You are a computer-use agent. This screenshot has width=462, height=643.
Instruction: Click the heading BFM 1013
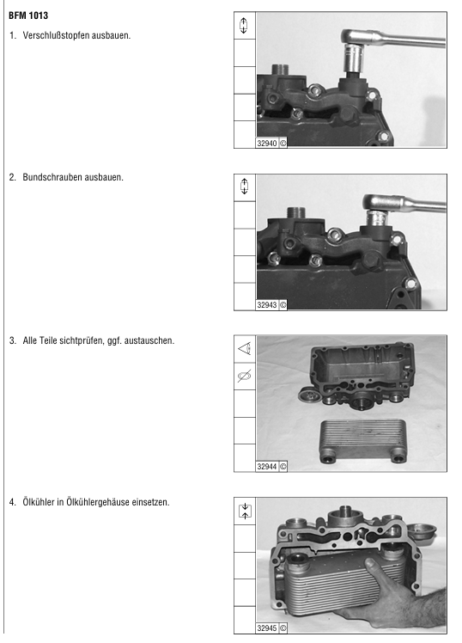point(28,15)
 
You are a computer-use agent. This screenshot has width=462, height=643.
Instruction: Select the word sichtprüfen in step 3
point(82,340)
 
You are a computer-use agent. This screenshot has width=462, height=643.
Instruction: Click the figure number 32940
point(267,143)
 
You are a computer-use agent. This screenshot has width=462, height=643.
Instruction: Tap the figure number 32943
point(267,304)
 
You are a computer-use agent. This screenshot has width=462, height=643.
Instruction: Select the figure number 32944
point(267,466)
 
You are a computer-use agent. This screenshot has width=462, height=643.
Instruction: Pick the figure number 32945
point(267,628)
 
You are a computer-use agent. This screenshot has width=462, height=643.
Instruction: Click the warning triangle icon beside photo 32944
point(245,349)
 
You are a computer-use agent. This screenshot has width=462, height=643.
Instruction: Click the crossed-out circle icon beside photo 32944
point(245,376)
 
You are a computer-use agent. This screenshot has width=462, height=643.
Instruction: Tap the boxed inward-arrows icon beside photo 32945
point(245,511)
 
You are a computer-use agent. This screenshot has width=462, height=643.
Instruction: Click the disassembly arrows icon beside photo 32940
point(244,26)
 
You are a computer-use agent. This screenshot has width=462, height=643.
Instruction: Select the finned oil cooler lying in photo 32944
point(363,441)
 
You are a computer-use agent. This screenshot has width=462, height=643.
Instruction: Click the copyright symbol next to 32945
point(283,628)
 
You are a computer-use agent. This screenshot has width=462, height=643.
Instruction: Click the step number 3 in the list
point(12,340)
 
